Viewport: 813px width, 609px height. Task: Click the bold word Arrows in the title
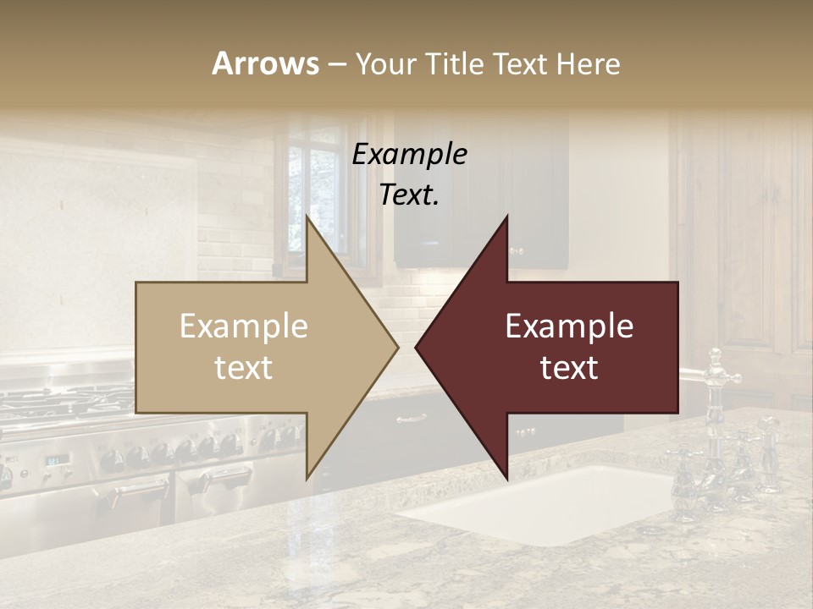pos(265,63)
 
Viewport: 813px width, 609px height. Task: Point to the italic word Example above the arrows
pos(409,155)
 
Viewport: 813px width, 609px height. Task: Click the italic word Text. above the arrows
pos(409,195)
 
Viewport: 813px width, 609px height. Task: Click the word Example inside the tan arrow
pos(244,326)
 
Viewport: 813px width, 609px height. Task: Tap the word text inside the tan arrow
pos(244,368)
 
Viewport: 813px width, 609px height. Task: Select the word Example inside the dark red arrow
pos(569,326)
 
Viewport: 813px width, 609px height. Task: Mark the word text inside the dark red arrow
pos(569,368)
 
